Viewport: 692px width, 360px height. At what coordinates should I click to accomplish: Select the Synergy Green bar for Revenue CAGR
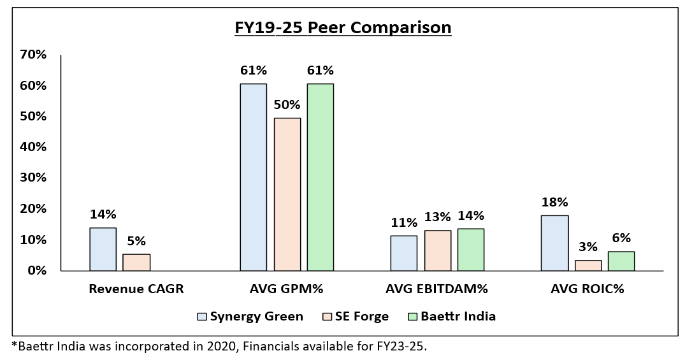(x=103, y=249)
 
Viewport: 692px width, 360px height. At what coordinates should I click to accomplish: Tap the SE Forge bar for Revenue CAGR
(x=136, y=263)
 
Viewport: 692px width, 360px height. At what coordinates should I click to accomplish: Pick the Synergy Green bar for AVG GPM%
(x=254, y=177)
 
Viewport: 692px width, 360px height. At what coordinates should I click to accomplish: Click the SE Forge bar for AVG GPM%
(x=287, y=194)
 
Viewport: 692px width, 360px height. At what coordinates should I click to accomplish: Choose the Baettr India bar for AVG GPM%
(x=321, y=177)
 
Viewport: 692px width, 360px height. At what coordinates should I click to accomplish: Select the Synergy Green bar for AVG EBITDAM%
(x=404, y=254)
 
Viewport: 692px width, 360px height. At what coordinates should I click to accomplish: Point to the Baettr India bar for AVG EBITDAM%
(x=470, y=250)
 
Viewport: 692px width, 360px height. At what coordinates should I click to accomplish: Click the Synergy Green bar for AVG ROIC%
(x=554, y=243)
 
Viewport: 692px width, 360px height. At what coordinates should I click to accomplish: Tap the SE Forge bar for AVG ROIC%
(x=587, y=266)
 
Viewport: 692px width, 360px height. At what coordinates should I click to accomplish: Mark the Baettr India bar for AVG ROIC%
(x=621, y=261)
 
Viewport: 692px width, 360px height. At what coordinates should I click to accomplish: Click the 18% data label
(x=554, y=203)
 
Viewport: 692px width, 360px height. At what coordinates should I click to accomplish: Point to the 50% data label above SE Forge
(x=287, y=104)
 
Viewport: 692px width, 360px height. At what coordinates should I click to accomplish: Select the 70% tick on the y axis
(x=33, y=55)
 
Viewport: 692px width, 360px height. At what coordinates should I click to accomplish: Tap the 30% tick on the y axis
(x=33, y=178)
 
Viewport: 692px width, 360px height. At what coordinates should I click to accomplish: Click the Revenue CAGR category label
(x=136, y=289)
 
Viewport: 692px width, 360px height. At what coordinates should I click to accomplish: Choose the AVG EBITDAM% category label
(x=436, y=289)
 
